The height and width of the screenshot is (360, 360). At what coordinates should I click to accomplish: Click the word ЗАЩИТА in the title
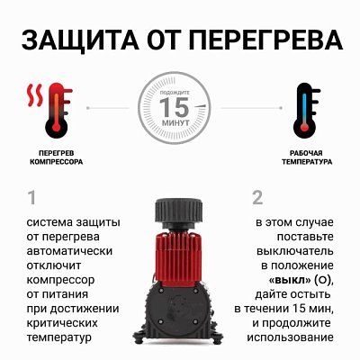tap(77, 41)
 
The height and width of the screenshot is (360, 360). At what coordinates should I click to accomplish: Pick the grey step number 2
tap(257, 197)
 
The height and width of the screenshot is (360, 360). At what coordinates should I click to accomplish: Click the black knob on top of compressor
tap(180, 208)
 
